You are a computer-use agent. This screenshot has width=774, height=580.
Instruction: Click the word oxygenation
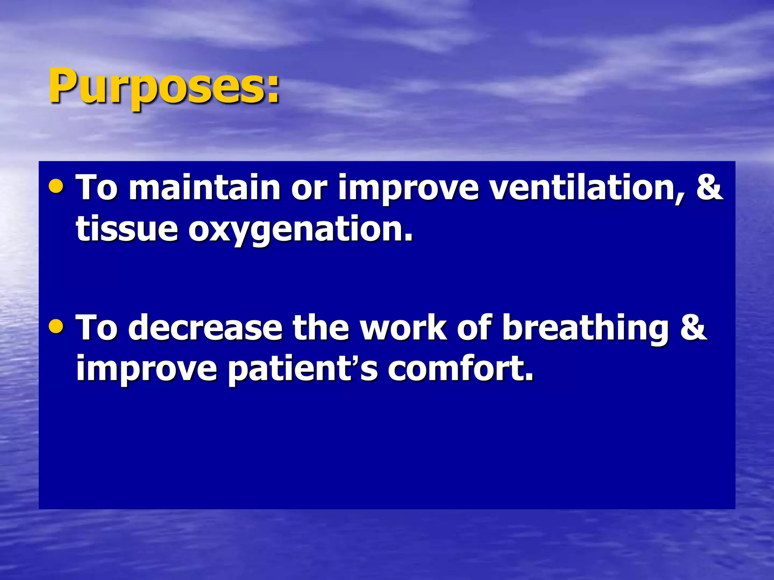[x=300, y=230]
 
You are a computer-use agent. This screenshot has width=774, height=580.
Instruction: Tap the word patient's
[x=303, y=369]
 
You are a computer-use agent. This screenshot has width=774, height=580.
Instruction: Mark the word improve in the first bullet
[x=409, y=188]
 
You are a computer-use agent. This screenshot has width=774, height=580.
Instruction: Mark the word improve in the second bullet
[x=146, y=369]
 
